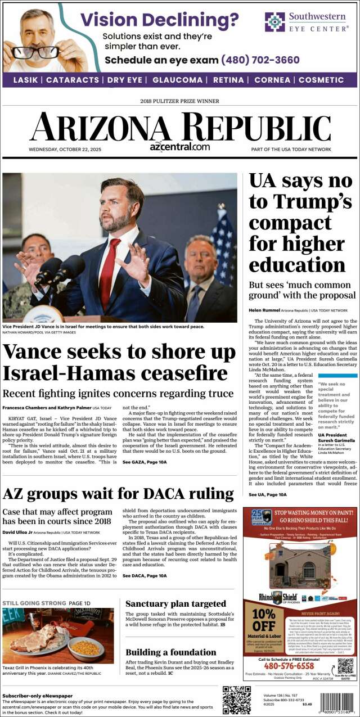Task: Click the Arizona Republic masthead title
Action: (x=180, y=127)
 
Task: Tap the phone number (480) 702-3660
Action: (x=260, y=60)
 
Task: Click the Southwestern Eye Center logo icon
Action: (x=275, y=22)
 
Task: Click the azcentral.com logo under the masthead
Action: (x=179, y=146)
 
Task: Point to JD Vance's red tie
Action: (x=109, y=264)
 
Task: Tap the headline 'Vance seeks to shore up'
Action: (x=119, y=353)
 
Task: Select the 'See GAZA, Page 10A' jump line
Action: (x=145, y=462)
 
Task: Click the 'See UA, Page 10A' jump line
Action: (x=268, y=494)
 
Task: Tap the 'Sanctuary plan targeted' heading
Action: (x=175, y=604)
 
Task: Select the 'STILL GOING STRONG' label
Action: (x=33, y=603)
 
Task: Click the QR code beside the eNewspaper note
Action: (x=236, y=700)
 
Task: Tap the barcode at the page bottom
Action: (x=339, y=702)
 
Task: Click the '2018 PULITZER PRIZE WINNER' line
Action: (x=179, y=101)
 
